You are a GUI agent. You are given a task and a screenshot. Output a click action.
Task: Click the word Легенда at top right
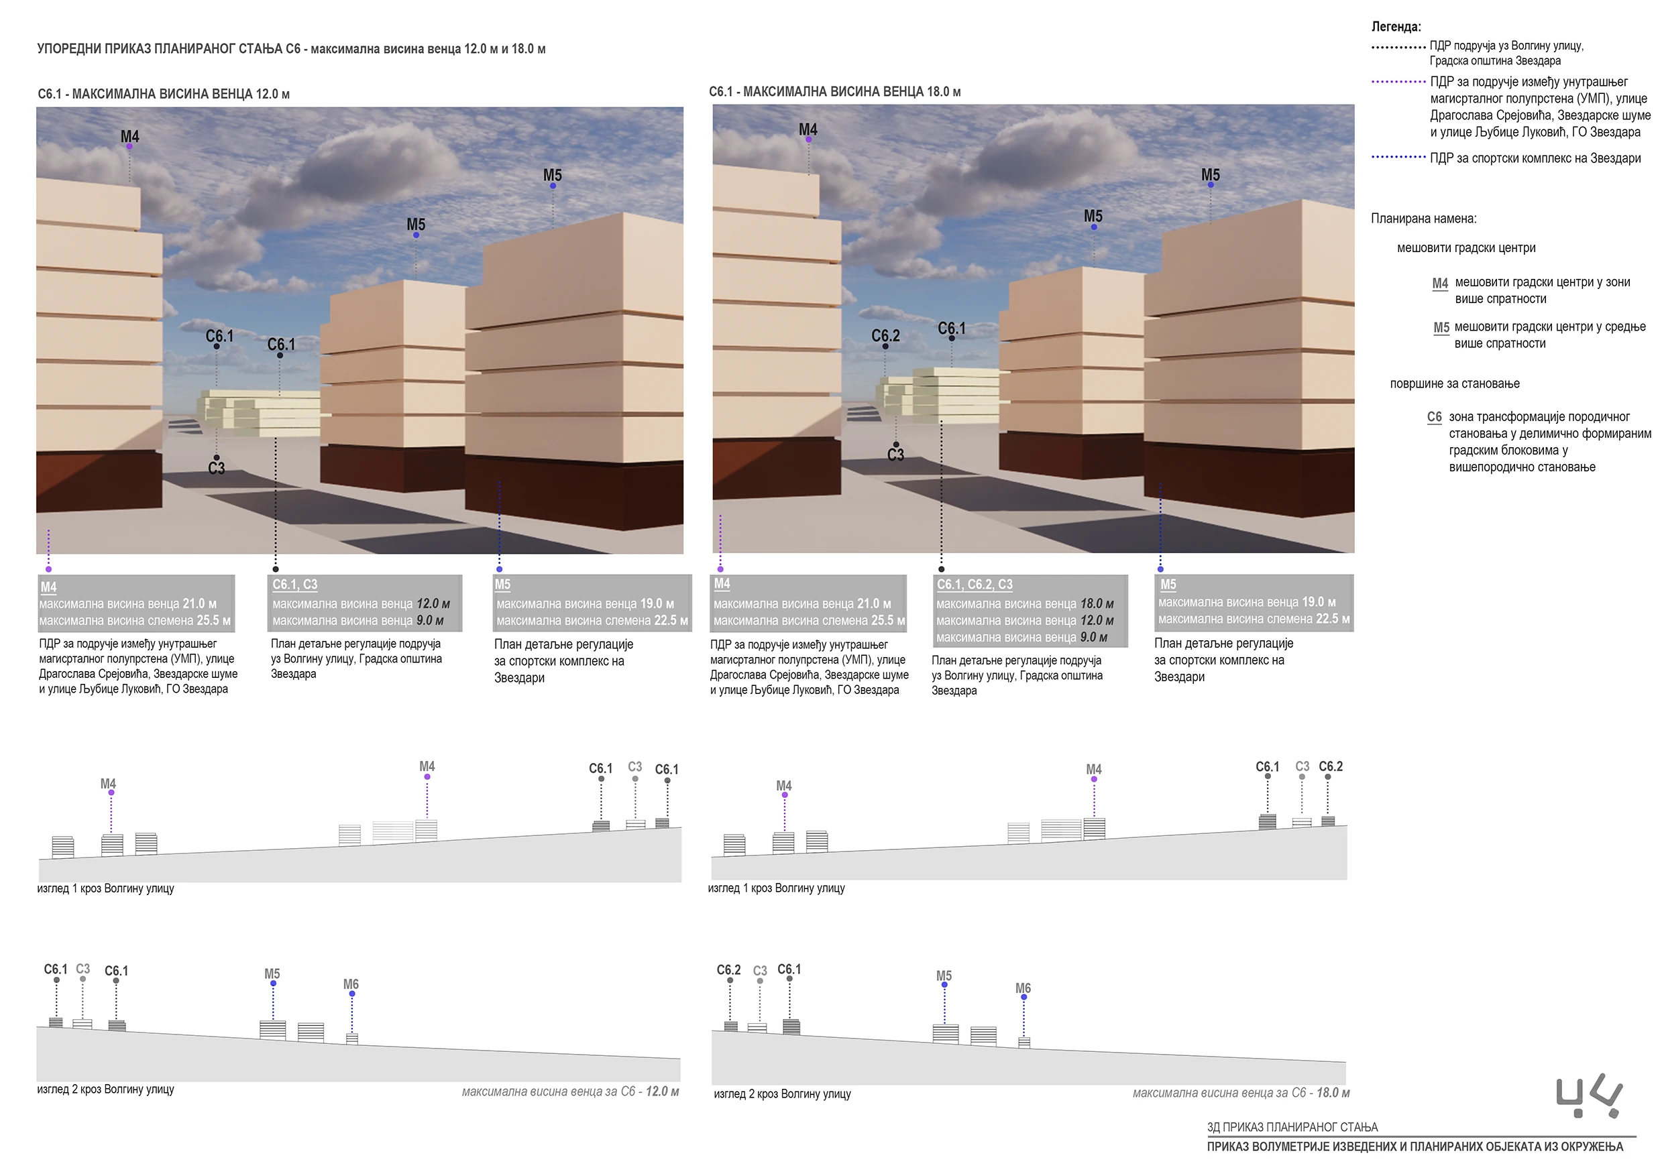[x=1396, y=27]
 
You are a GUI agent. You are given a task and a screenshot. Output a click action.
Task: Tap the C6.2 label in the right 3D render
[x=885, y=335]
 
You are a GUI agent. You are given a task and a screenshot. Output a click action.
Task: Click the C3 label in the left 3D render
[x=216, y=468]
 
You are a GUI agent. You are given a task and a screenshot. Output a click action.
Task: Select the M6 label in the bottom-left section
[x=351, y=984]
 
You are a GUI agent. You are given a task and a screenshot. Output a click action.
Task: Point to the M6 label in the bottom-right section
[x=1023, y=988]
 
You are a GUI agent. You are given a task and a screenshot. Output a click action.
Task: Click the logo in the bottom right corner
[x=1590, y=1096]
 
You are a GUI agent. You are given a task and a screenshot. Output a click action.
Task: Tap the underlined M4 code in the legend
[x=1440, y=282]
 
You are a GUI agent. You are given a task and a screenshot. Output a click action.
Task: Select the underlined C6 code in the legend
[x=1434, y=416]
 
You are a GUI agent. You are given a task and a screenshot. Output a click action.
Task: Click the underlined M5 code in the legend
[x=1441, y=327]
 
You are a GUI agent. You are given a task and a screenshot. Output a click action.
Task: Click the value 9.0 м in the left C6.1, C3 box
[x=430, y=620]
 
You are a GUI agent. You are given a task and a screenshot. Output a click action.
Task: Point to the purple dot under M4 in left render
[x=129, y=146]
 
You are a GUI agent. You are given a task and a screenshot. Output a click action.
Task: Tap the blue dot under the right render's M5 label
[x=1211, y=185]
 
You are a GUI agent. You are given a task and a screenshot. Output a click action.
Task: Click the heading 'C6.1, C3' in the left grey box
[x=295, y=584]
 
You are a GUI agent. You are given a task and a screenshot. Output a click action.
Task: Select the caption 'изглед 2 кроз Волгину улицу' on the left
[x=106, y=1089]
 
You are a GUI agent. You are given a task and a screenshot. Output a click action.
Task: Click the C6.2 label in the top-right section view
[x=1331, y=766]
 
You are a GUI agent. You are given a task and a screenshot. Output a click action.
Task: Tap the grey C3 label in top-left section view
[x=635, y=766]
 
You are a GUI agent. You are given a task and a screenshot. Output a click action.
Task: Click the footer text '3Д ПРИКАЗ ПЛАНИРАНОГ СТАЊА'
[x=1292, y=1127]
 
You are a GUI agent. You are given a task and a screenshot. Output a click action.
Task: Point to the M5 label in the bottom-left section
[x=272, y=974]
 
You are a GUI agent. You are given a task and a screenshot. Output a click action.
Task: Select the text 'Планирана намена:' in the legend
[x=1423, y=219]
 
